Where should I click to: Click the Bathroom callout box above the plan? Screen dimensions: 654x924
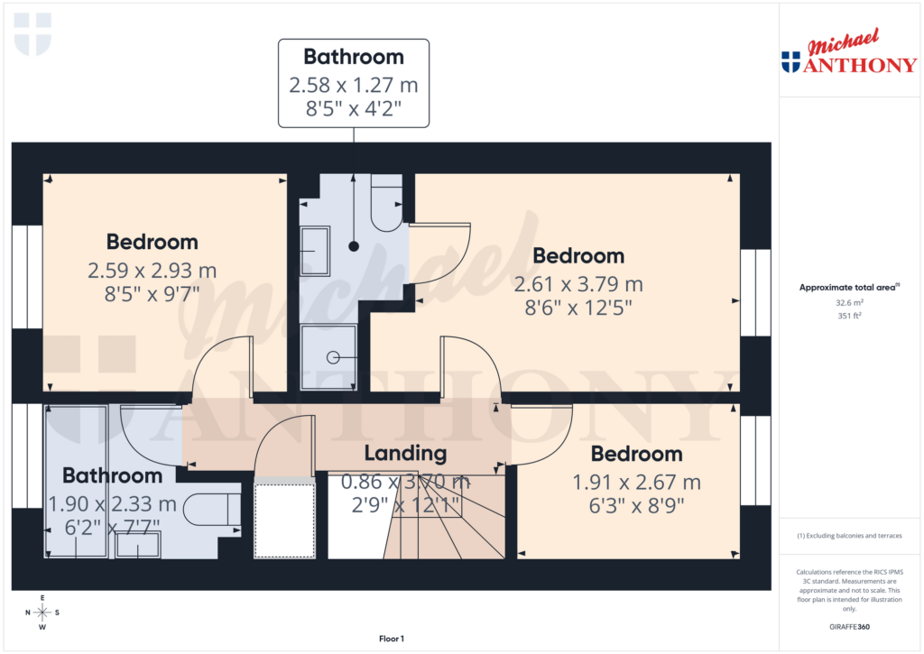pos(353,83)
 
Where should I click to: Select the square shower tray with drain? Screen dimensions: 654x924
pos(328,357)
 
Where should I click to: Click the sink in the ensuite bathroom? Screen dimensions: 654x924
pos(315,251)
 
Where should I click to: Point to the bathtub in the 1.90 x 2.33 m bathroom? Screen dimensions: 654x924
pos(76,480)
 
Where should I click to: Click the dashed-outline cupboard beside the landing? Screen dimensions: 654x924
pos(283,520)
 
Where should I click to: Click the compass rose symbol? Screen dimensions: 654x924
pos(42,613)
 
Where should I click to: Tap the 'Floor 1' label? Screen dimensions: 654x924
pos(392,639)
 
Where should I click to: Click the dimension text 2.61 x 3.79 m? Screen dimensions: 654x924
pos(577,284)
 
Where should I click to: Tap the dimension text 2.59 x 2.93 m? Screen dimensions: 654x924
pos(152,270)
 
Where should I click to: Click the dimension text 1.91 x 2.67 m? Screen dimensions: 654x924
pos(636,483)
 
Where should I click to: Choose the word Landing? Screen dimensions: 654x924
pos(405,453)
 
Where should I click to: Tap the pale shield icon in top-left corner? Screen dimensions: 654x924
pos(33,33)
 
